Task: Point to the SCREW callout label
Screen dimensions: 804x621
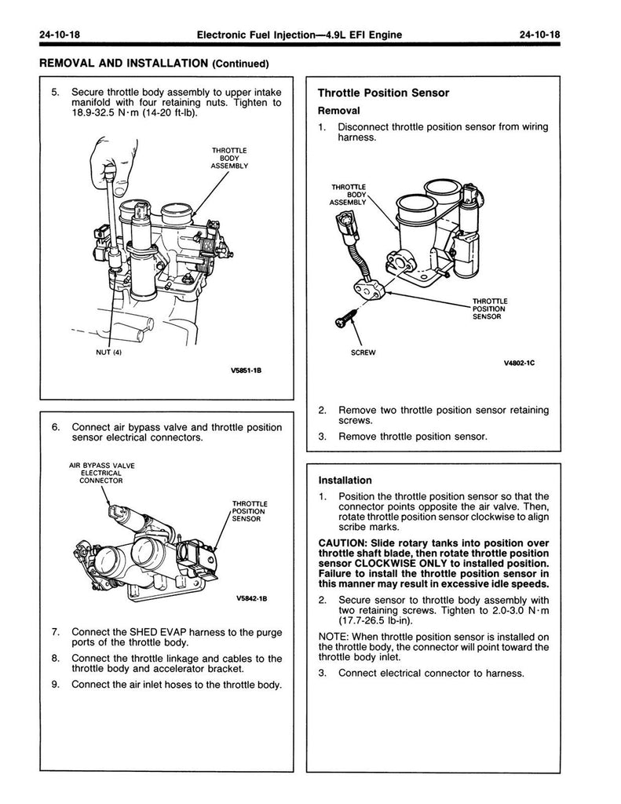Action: [x=362, y=353]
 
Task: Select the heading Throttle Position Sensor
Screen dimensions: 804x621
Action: [x=383, y=93]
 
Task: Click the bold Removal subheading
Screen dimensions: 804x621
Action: [x=338, y=111]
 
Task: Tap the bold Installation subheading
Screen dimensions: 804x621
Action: [x=345, y=480]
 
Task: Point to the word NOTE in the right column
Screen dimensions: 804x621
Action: [x=333, y=636]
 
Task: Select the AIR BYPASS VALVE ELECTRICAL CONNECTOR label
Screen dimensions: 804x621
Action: [x=101, y=473]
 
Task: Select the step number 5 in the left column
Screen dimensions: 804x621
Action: [x=55, y=92]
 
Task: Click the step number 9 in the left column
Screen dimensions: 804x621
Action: [x=55, y=684]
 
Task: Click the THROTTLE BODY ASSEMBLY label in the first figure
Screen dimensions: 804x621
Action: [x=229, y=158]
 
